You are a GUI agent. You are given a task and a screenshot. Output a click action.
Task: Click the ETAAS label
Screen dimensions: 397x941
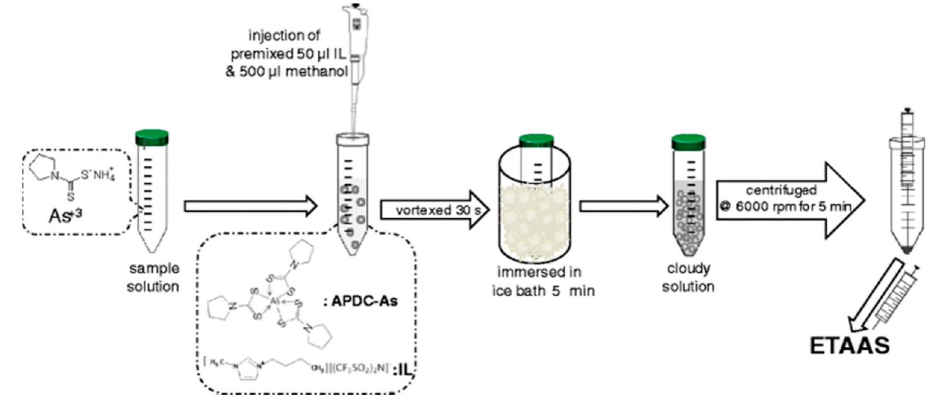pos(849,345)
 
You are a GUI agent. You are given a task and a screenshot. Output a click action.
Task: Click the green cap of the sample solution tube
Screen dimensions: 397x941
pos(152,137)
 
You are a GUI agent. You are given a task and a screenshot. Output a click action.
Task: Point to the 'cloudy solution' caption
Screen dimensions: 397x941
pos(688,278)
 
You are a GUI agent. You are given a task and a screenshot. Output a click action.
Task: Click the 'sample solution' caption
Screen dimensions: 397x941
pos(153,278)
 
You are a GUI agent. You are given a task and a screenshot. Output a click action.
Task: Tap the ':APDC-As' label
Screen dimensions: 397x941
pos(360,301)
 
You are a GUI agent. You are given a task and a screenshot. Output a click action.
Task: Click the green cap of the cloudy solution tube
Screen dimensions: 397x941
pos(688,142)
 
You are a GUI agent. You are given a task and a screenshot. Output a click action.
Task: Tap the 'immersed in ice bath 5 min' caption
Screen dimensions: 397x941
pos(542,281)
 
